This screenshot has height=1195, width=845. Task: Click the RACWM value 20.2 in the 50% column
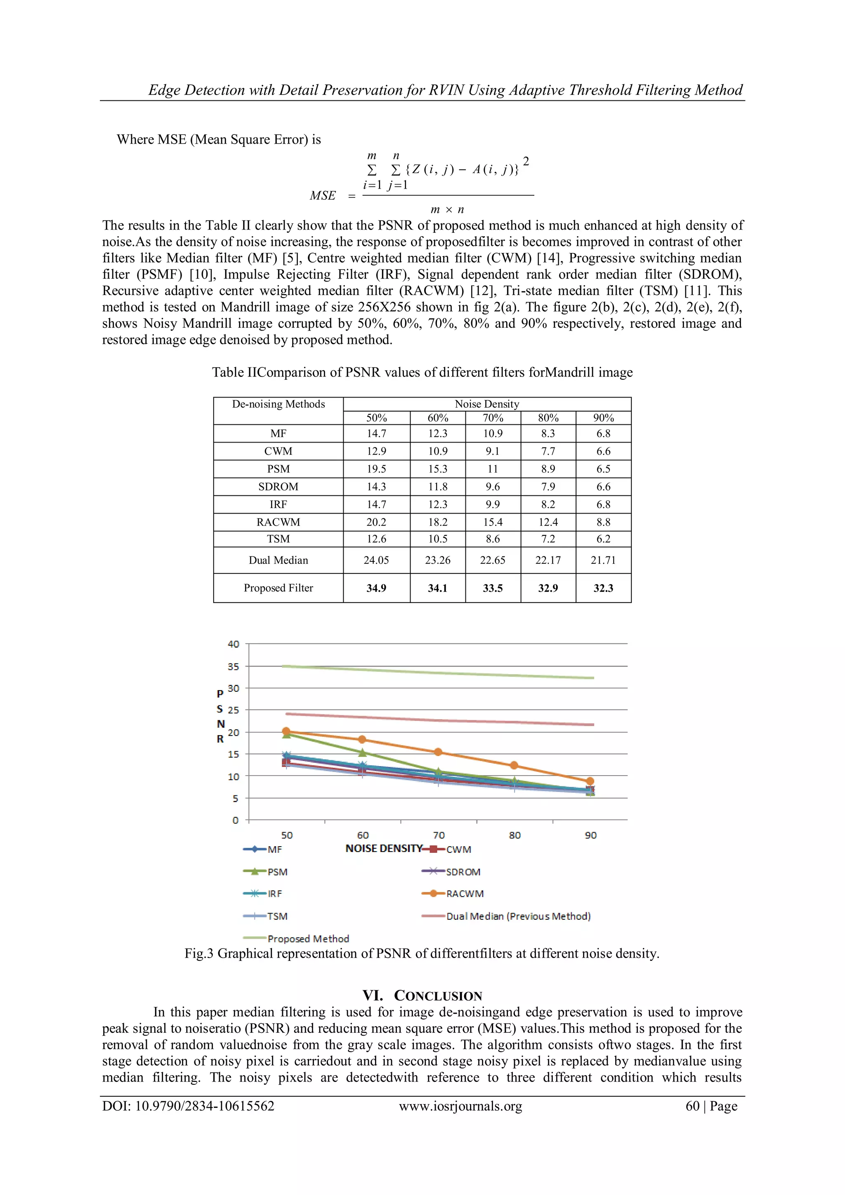click(376, 522)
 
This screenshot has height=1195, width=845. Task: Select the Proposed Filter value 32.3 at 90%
click(603, 588)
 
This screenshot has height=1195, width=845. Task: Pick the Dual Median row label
click(279, 560)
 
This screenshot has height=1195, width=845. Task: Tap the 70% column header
click(493, 418)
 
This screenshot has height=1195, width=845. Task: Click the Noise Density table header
click(486, 404)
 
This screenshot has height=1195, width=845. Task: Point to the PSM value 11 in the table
click(493, 469)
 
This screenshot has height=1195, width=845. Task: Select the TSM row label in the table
click(279, 539)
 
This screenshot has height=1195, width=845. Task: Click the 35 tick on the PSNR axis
click(234, 666)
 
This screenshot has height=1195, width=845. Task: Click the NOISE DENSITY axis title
click(383, 848)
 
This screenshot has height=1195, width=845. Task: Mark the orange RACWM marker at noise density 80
click(514, 765)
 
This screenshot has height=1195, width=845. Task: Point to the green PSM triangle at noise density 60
click(363, 752)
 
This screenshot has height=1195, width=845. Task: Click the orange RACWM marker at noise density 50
click(286, 731)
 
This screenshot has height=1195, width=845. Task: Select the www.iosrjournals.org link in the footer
click(460, 1106)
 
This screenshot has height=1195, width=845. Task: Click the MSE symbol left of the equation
click(323, 196)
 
